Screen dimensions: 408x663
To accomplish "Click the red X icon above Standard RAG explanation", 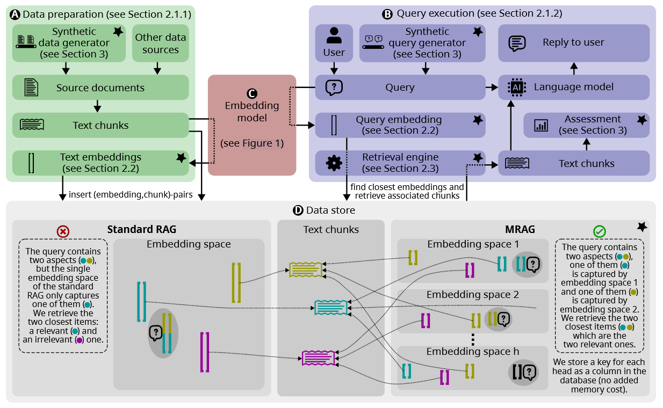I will (x=63, y=231).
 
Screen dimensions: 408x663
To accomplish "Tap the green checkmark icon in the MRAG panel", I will (x=600, y=231).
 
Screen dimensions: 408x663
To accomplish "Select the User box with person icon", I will (x=334, y=42).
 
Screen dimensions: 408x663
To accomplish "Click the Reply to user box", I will (x=573, y=42).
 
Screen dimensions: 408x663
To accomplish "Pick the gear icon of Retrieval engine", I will (x=334, y=163).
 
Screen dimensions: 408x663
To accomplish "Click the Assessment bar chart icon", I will (x=541, y=125).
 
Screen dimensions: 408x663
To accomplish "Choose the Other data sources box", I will (x=160, y=43).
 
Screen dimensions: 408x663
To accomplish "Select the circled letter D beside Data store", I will (x=298, y=210).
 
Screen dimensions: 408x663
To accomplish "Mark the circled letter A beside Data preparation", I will (x=15, y=14).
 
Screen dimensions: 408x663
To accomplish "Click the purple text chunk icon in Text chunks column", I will (x=318, y=358).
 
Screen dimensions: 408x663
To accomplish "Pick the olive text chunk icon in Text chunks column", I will (x=305, y=269).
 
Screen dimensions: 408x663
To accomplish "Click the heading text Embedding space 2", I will (x=473, y=295).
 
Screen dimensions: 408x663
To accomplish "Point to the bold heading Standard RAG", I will (x=142, y=230).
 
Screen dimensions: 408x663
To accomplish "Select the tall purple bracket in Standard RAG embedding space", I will (x=205, y=352).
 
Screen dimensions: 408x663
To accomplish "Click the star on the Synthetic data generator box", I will (x=118, y=32).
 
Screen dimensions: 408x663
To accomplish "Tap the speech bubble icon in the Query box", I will (x=334, y=87).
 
